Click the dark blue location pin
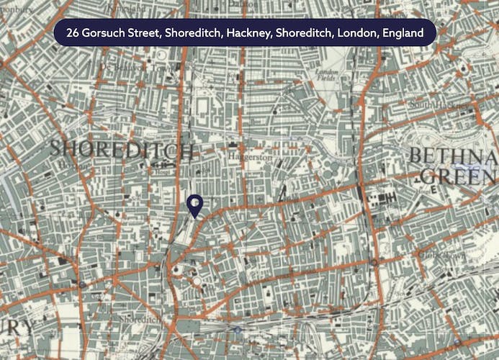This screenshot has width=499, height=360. pos(194,205)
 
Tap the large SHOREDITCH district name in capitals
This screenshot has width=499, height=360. pos(122,150)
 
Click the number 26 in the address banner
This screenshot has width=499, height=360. pos(73,33)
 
